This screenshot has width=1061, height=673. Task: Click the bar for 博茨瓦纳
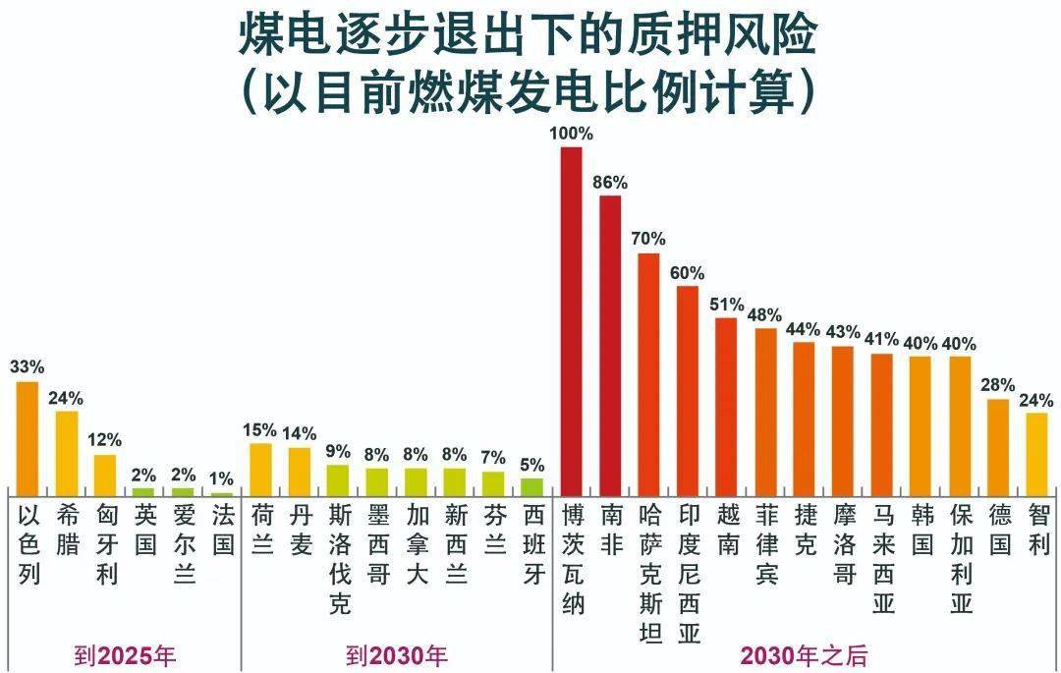pos(572,319)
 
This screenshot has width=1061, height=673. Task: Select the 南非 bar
pos(610,344)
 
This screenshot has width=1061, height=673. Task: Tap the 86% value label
pos(610,182)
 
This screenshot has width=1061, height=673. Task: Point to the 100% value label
pos(572,133)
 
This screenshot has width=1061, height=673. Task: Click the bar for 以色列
pos(28,437)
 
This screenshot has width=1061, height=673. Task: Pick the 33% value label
pos(28,366)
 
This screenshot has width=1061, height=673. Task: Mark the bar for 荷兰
pos(260,469)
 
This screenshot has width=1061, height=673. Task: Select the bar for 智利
pos(1037,453)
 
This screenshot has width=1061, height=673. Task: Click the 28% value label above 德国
pos(998,384)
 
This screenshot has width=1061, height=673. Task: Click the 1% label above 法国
pos(223,478)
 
